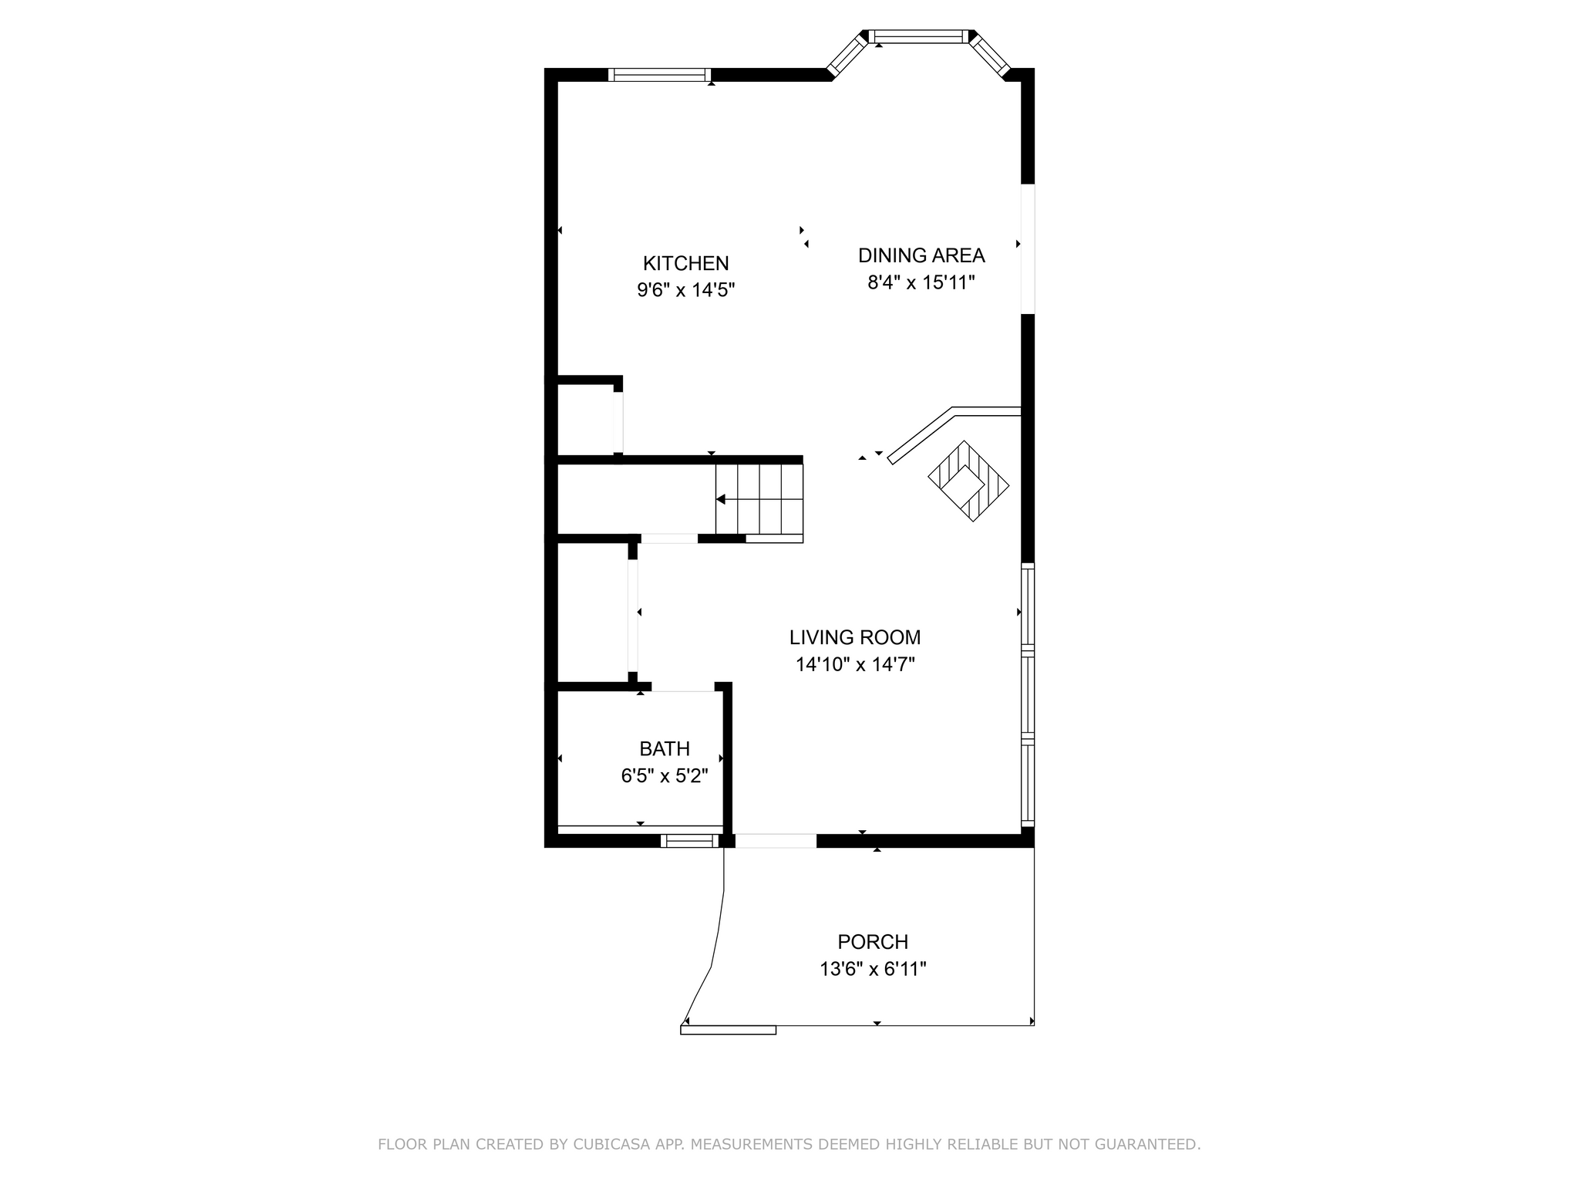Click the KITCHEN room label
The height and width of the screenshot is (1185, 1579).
[x=685, y=263]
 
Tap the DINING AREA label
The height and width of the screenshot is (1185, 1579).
[x=921, y=255]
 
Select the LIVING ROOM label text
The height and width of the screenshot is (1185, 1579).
[x=855, y=637]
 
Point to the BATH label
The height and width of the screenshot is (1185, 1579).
[x=665, y=748]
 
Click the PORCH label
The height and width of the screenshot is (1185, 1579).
[x=873, y=942]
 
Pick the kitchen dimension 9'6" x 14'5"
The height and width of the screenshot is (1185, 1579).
[x=685, y=290]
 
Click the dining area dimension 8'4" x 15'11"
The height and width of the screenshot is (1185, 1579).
[x=921, y=282]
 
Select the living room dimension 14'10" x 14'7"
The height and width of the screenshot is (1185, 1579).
[x=855, y=664]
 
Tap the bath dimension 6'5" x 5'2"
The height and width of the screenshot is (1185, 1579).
[x=665, y=775]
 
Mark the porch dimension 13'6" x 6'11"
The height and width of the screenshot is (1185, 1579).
[x=873, y=969]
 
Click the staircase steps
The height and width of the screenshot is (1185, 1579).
[x=759, y=499]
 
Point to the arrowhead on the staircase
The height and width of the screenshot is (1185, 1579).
[x=721, y=500]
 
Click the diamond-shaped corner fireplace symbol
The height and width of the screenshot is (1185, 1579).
[x=968, y=481]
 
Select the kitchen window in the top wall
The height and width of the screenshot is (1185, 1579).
[x=658, y=75]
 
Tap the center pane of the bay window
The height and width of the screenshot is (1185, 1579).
[x=918, y=35]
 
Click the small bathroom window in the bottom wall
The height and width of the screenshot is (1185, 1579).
[x=689, y=841]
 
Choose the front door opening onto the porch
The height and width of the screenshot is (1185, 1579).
[x=776, y=841]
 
